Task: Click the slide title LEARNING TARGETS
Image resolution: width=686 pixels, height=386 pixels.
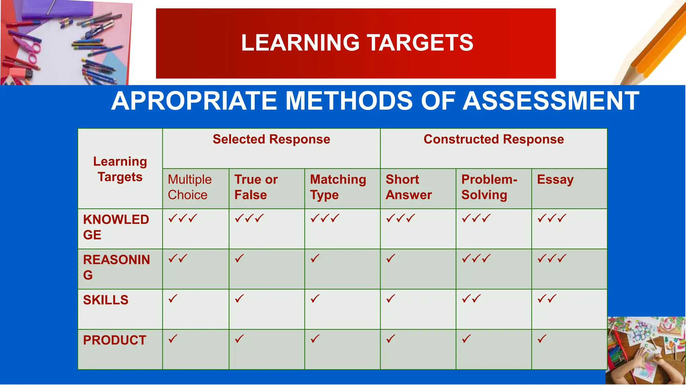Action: tap(357, 43)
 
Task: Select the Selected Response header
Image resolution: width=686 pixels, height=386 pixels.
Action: tap(271, 139)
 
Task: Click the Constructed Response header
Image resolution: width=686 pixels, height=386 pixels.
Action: tap(493, 139)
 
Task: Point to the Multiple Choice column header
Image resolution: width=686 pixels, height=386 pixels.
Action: tap(190, 187)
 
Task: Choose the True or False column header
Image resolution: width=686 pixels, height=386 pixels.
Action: tap(256, 187)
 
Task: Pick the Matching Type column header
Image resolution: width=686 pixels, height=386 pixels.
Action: tap(338, 187)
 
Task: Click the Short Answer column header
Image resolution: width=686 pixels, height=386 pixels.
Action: tap(409, 187)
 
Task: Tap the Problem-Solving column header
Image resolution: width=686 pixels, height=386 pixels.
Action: tap(489, 187)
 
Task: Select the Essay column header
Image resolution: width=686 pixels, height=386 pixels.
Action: tap(555, 180)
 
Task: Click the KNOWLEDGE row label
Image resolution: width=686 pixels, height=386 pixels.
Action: tap(116, 227)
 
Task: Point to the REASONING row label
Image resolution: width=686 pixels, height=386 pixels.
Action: tap(116, 267)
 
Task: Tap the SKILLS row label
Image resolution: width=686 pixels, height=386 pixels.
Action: tap(106, 300)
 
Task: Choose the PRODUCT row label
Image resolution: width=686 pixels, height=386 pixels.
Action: tap(115, 340)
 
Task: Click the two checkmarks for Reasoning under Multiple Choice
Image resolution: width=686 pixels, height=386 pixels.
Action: tap(178, 258)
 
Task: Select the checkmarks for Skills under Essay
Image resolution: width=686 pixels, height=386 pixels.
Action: tap(547, 299)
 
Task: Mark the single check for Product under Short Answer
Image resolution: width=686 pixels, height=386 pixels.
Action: tap(391, 339)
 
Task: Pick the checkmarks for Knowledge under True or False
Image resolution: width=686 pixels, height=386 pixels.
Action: tap(249, 218)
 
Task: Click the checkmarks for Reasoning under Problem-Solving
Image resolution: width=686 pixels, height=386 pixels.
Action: tap(476, 258)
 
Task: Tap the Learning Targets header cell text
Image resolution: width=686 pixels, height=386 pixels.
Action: tap(120, 169)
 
